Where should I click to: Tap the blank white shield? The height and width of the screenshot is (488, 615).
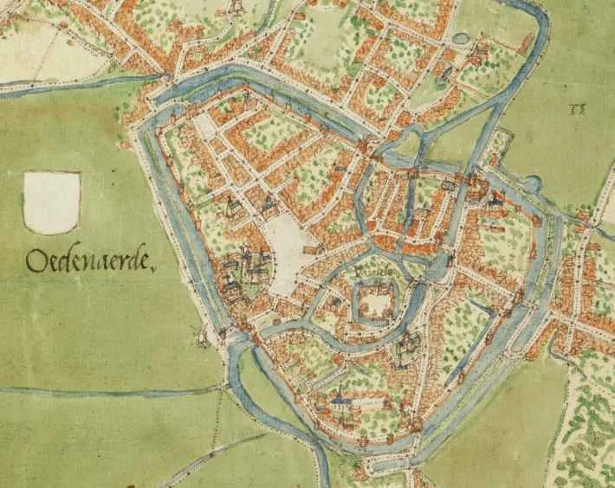(52, 202)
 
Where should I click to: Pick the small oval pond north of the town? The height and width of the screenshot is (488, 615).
(459, 39)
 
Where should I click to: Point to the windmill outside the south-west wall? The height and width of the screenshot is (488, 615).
(203, 337)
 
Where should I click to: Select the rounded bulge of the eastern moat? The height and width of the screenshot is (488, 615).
(530, 183)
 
